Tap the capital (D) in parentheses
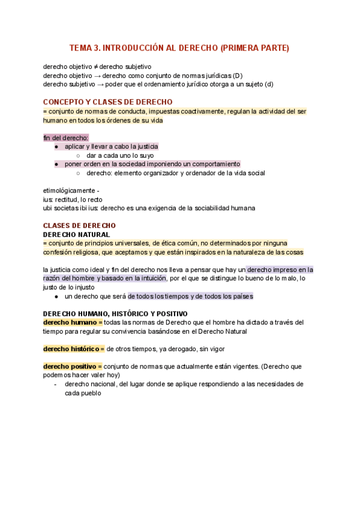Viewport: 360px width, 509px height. (238, 76)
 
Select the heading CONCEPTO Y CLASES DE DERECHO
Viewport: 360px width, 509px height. (108, 102)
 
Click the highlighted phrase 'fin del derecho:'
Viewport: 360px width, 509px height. (65, 137)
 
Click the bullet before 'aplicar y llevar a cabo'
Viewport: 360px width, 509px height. (56, 146)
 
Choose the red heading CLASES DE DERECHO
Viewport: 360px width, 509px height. (80, 226)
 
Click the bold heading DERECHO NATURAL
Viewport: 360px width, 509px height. (76, 235)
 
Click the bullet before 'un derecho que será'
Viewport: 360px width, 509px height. (56, 296)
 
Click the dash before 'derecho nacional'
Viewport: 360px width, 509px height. (56, 384)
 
